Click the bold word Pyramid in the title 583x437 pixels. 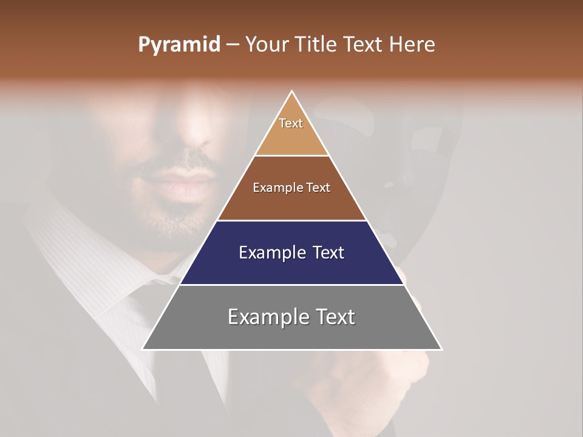[179, 44]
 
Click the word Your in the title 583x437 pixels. [267, 44]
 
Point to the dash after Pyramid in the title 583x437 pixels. [232, 45]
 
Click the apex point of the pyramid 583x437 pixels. [292, 92]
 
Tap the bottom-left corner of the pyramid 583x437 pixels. [143, 349]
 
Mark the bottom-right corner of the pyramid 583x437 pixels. [442, 349]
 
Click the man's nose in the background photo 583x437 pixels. [194, 137]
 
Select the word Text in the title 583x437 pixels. [364, 44]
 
